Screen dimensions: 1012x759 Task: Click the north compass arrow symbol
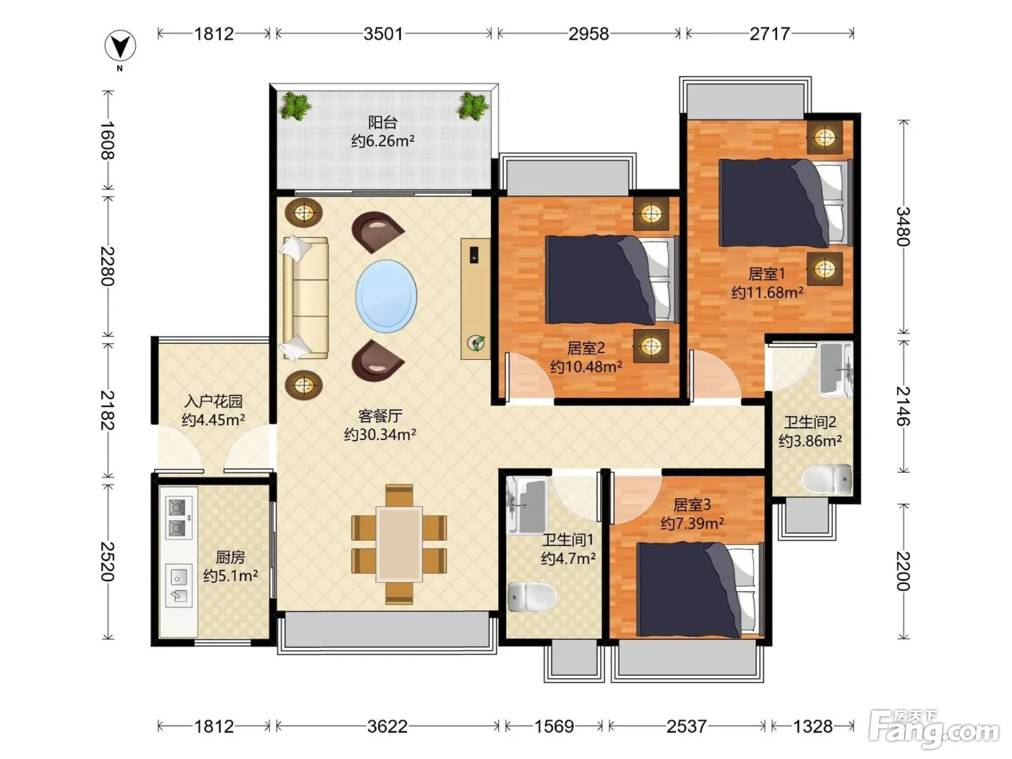point(120,46)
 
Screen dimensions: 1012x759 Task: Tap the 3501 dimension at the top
point(383,34)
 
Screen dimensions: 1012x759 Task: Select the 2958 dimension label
point(588,34)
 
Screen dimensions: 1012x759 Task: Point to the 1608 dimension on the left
point(108,140)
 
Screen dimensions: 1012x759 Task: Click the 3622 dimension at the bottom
point(387,726)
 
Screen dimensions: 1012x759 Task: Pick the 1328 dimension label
point(812,726)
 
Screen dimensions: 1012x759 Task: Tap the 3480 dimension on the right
point(903,226)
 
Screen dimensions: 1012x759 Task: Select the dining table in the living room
point(399,544)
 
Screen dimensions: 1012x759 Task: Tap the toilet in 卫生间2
point(827,479)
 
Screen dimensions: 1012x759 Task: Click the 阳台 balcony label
point(382,122)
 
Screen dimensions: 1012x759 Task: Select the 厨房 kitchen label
point(230,557)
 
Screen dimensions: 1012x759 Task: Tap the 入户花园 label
point(213,401)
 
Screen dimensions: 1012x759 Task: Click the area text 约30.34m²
point(380,434)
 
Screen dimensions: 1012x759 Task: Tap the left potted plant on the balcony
point(295,106)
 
